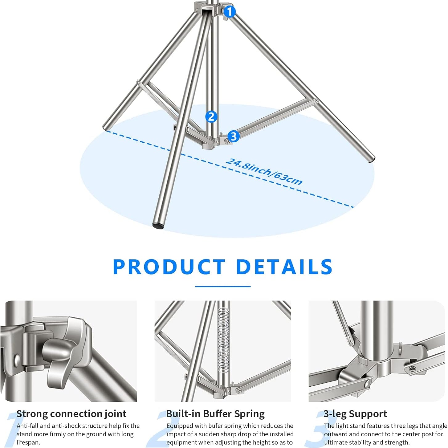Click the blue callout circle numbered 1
(230, 12)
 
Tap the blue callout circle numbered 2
(211, 116)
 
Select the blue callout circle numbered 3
(234, 136)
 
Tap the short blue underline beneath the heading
(223, 287)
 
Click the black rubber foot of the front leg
(158, 225)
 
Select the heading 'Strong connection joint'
(71, 414)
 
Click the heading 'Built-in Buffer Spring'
(215, 414)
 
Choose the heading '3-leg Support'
(355, 414)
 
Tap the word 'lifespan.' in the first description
(28, 442)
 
